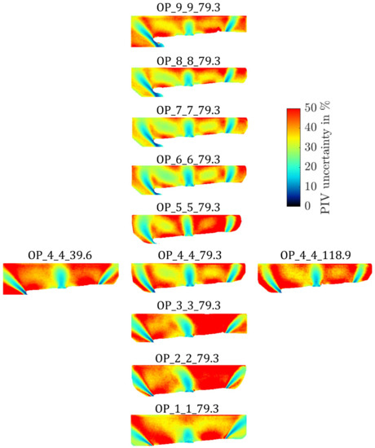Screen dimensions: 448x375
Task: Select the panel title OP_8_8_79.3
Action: (x=188, y=61)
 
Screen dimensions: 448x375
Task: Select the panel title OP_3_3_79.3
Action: (x=188, y=305)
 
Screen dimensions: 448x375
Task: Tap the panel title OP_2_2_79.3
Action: (x=188, y=358)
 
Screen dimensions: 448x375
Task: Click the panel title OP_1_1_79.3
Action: (x=188, y=407)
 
